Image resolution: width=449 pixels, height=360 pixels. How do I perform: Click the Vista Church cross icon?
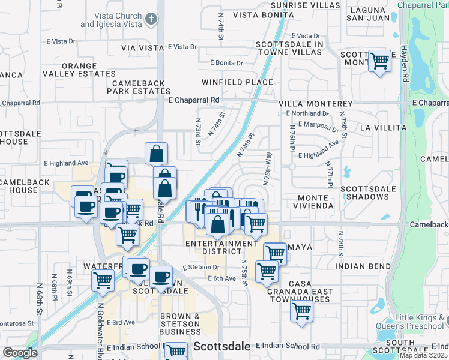click(x=151, y=18)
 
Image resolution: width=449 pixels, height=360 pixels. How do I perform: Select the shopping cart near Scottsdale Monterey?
click(x=379, y=61)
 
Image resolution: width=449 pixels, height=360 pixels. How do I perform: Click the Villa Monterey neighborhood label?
click(x=315, y=104)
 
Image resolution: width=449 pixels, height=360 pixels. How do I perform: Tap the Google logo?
click(x=20, y=353)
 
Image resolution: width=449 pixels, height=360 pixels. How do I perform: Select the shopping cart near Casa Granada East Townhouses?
click(x=301, y=311)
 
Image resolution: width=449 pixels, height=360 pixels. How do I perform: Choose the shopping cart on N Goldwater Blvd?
click(x=103, y=279)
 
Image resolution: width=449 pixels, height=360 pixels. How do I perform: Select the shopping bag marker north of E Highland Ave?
click(x=156, y=154)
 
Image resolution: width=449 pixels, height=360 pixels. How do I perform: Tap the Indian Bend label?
click(x=359, y=266)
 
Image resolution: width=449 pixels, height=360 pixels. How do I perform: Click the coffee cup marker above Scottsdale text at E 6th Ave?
click(x=161, y=277)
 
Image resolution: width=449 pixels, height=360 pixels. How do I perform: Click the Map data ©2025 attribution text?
click(x=423, y=355)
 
